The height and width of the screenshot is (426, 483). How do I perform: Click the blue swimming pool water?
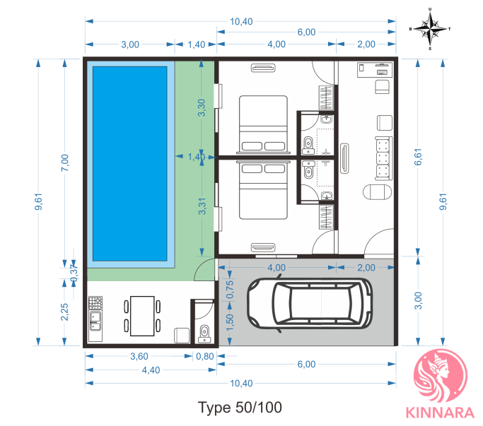coord(130,164)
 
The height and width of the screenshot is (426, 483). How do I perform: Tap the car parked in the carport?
coord(310,304)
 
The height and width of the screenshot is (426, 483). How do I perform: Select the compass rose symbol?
coord(430,29)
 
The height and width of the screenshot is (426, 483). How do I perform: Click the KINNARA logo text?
coord(440,413)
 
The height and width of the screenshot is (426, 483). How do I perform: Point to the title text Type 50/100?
coord(240,408)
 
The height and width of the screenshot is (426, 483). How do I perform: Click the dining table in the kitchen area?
coord(142,316)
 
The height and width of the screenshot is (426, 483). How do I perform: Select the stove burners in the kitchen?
coord(95,302)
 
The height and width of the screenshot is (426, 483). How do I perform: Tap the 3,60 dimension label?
coord(139,356)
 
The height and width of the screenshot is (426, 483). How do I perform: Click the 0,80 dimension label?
coord(205,356)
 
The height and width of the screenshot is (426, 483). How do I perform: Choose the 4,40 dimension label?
coord(151,369)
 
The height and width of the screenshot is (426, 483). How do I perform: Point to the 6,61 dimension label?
coord(418,157)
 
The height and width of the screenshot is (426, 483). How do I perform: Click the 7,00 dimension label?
coord(64,162)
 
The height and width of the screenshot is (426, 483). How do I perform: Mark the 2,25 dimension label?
coord(64,312)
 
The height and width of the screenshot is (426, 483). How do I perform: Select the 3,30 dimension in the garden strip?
coord(202,107)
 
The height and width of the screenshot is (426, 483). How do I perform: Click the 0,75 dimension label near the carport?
coord(230,290)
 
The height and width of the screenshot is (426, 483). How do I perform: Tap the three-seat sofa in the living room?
coord(384,158)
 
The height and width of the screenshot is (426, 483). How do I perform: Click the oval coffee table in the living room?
coord(378,192)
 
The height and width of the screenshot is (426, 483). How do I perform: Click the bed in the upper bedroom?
coord(263,124)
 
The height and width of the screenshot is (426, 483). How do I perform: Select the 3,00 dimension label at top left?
coord(130,45)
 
